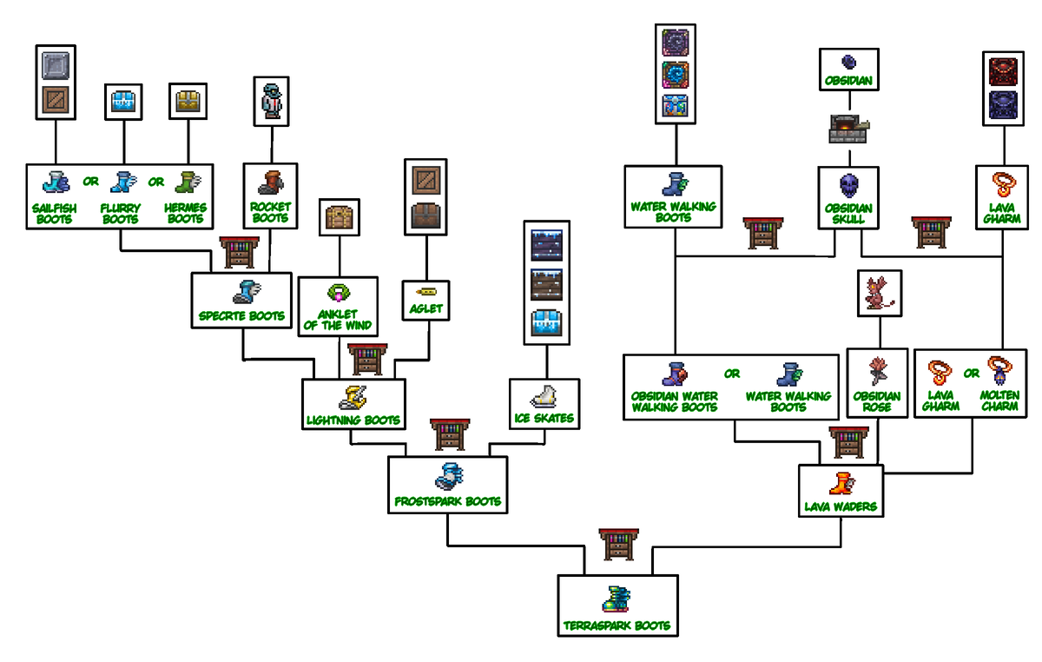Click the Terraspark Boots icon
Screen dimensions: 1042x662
pyautogui.click(x=617, y=599)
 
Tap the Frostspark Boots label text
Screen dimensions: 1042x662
pyautogui.click(x=447, y=501)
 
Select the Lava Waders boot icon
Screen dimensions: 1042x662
pyautogui.click(x=841, y=484)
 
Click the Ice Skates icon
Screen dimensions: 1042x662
pyautogui.click(x=544, y=397)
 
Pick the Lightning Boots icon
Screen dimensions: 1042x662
pyautogui.click(x=353, y=398)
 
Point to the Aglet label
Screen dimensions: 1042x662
pyautogui.click(x=425, y=308)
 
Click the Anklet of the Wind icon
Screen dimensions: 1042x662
pyautogui.click(x=339, y=294)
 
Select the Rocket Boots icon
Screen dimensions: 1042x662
pyautogui.click(x=271, y=182)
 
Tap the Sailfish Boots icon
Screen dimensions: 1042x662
pyautogui.click(x=56, y=182)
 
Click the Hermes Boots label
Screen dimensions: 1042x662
pyautogui.click(x=185, y=213)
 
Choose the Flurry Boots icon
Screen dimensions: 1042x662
pyautogui.click(x=123, y=182)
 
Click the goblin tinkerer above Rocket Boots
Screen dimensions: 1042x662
pyautogui.click(x=272, y=101)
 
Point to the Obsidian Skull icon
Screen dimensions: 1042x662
pyautogui.click(x=849, y=186)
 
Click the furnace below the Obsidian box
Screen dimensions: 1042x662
pyautogui.click(x=849, y=129)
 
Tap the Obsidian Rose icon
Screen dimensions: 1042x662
pyautogui.click(x=878, y=371)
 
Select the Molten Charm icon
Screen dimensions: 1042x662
pyautogui.click(x=1000, y=371)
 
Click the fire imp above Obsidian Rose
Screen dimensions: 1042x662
pyautogui.click(x=879, y=294)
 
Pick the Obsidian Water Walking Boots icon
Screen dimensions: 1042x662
pyautogui.click(x=675, y=374)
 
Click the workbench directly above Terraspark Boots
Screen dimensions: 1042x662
pyautogui.click(x=618, y=544)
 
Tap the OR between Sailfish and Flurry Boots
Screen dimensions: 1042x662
pyautogui.click(x=90, y=181)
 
